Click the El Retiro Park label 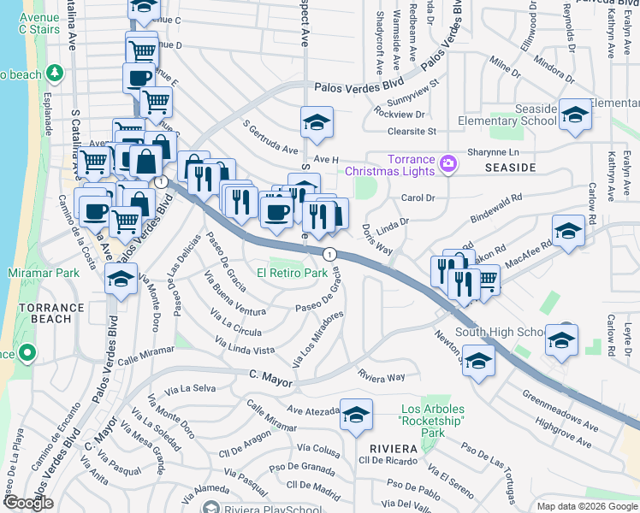[293, 274]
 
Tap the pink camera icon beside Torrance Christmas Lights [447, 165]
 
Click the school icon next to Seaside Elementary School [575, 115]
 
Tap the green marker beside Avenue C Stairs [57, 73]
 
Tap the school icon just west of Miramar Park [121, 278]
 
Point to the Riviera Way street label [382, 376]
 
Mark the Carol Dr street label [418, 198]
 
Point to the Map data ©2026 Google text [587, 506]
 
